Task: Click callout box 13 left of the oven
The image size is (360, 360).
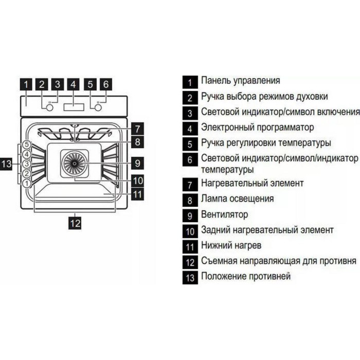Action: [x=6, y=164]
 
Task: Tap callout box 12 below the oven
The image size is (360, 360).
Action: [x=75, y=223]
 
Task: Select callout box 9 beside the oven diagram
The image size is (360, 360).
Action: [x=137, y=163]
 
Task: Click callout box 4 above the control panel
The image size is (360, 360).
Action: [x=73, y=84]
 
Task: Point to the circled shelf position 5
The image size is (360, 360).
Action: [x=27, y=145]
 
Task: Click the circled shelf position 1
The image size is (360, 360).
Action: [x=27, y=184]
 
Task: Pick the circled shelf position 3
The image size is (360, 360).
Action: [x=27, y=164]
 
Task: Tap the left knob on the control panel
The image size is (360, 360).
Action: [x=50, y=107]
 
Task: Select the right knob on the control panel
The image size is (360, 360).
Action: [x=98, y=107]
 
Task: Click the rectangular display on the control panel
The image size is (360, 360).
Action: [x=74, y=107]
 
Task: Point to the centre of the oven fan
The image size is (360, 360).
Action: [x=75, y=163]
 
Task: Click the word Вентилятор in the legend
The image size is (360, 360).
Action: [x=225, y=214]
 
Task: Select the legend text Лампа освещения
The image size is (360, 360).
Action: [x=238, y=199]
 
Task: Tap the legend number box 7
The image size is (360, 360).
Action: [x=190, y=185]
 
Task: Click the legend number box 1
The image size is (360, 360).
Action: [x=190, y=82]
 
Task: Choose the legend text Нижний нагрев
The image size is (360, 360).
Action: [x=231, y=245]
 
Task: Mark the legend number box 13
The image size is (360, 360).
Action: [x=190, y=278]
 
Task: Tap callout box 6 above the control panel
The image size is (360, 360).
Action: [x=106, y=84]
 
